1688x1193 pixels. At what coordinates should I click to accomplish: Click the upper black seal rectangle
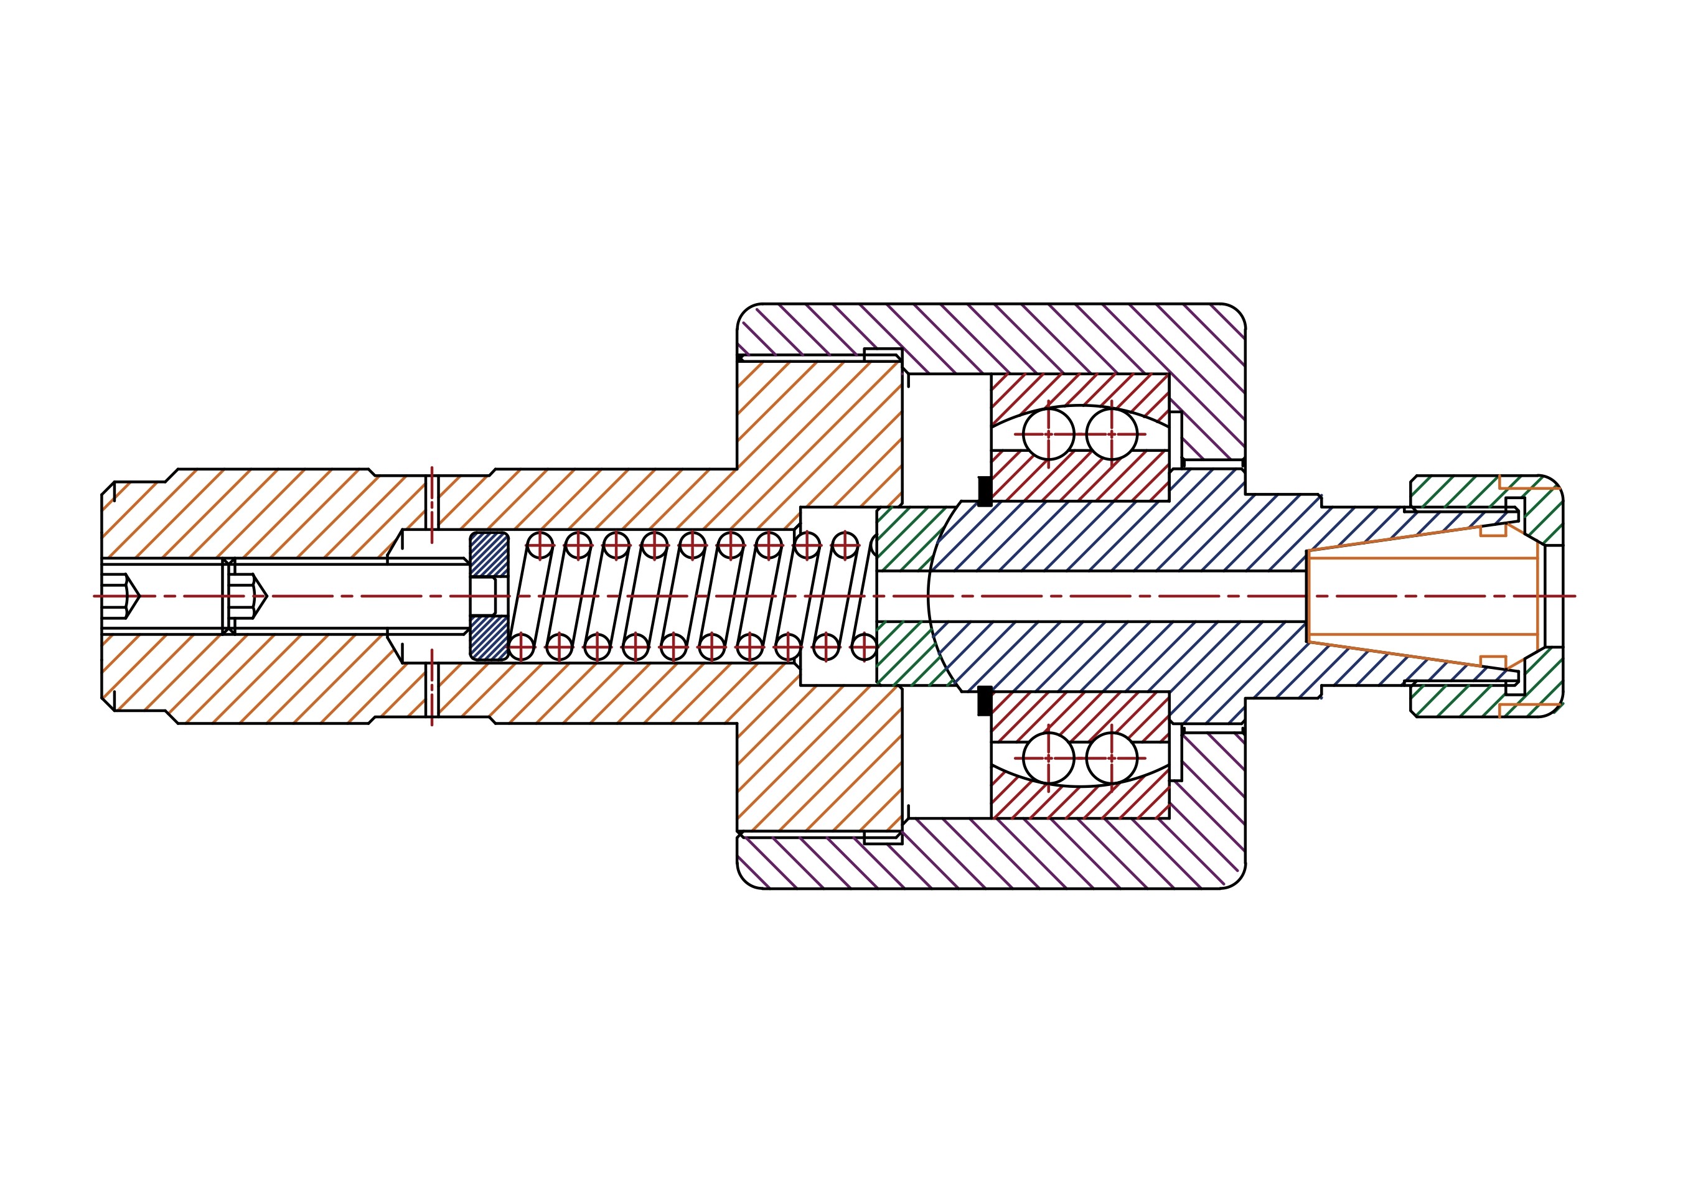point(985,491)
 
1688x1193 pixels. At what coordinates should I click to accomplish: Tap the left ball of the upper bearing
point(1048,434)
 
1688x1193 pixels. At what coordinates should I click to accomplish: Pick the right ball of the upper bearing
point(1111,434)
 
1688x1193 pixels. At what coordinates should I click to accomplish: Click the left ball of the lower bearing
point(1048,758)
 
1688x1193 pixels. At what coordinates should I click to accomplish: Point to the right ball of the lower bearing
point(1111,758)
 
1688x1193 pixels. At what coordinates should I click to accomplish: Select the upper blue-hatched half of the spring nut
point(489,554)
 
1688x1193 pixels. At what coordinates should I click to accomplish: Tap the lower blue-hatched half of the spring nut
point(489,637)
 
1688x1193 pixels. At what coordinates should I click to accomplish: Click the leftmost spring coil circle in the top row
point(540,545)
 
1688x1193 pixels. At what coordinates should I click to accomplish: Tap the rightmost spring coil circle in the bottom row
point(865,647)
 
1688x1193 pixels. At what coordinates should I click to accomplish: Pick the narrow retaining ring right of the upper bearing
point(1176,439)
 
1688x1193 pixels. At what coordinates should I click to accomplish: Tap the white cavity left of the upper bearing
point(947,434)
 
